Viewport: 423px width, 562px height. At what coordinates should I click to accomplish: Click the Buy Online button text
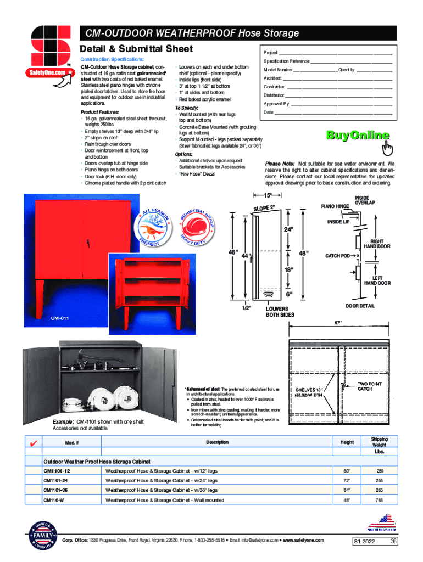[x=358, y=136]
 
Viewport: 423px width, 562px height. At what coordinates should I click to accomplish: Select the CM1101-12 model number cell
[x=57, y=471]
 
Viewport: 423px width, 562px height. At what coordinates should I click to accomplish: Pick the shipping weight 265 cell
[x=379, y=490]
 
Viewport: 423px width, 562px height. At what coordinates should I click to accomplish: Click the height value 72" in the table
[x=347, y=481]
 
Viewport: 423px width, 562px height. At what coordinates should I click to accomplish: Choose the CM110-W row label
[x=54, y=500]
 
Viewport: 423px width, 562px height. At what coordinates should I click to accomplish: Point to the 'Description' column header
[x=217, y=442]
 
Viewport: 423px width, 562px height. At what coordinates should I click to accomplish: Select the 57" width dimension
[x=339, y=323]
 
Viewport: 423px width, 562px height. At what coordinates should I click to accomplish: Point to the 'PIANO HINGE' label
[x=335, y=206]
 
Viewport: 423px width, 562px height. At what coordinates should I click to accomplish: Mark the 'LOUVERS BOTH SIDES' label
[x=280, y=312]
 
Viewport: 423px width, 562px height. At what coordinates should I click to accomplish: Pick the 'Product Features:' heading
[x=99, y=112]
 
